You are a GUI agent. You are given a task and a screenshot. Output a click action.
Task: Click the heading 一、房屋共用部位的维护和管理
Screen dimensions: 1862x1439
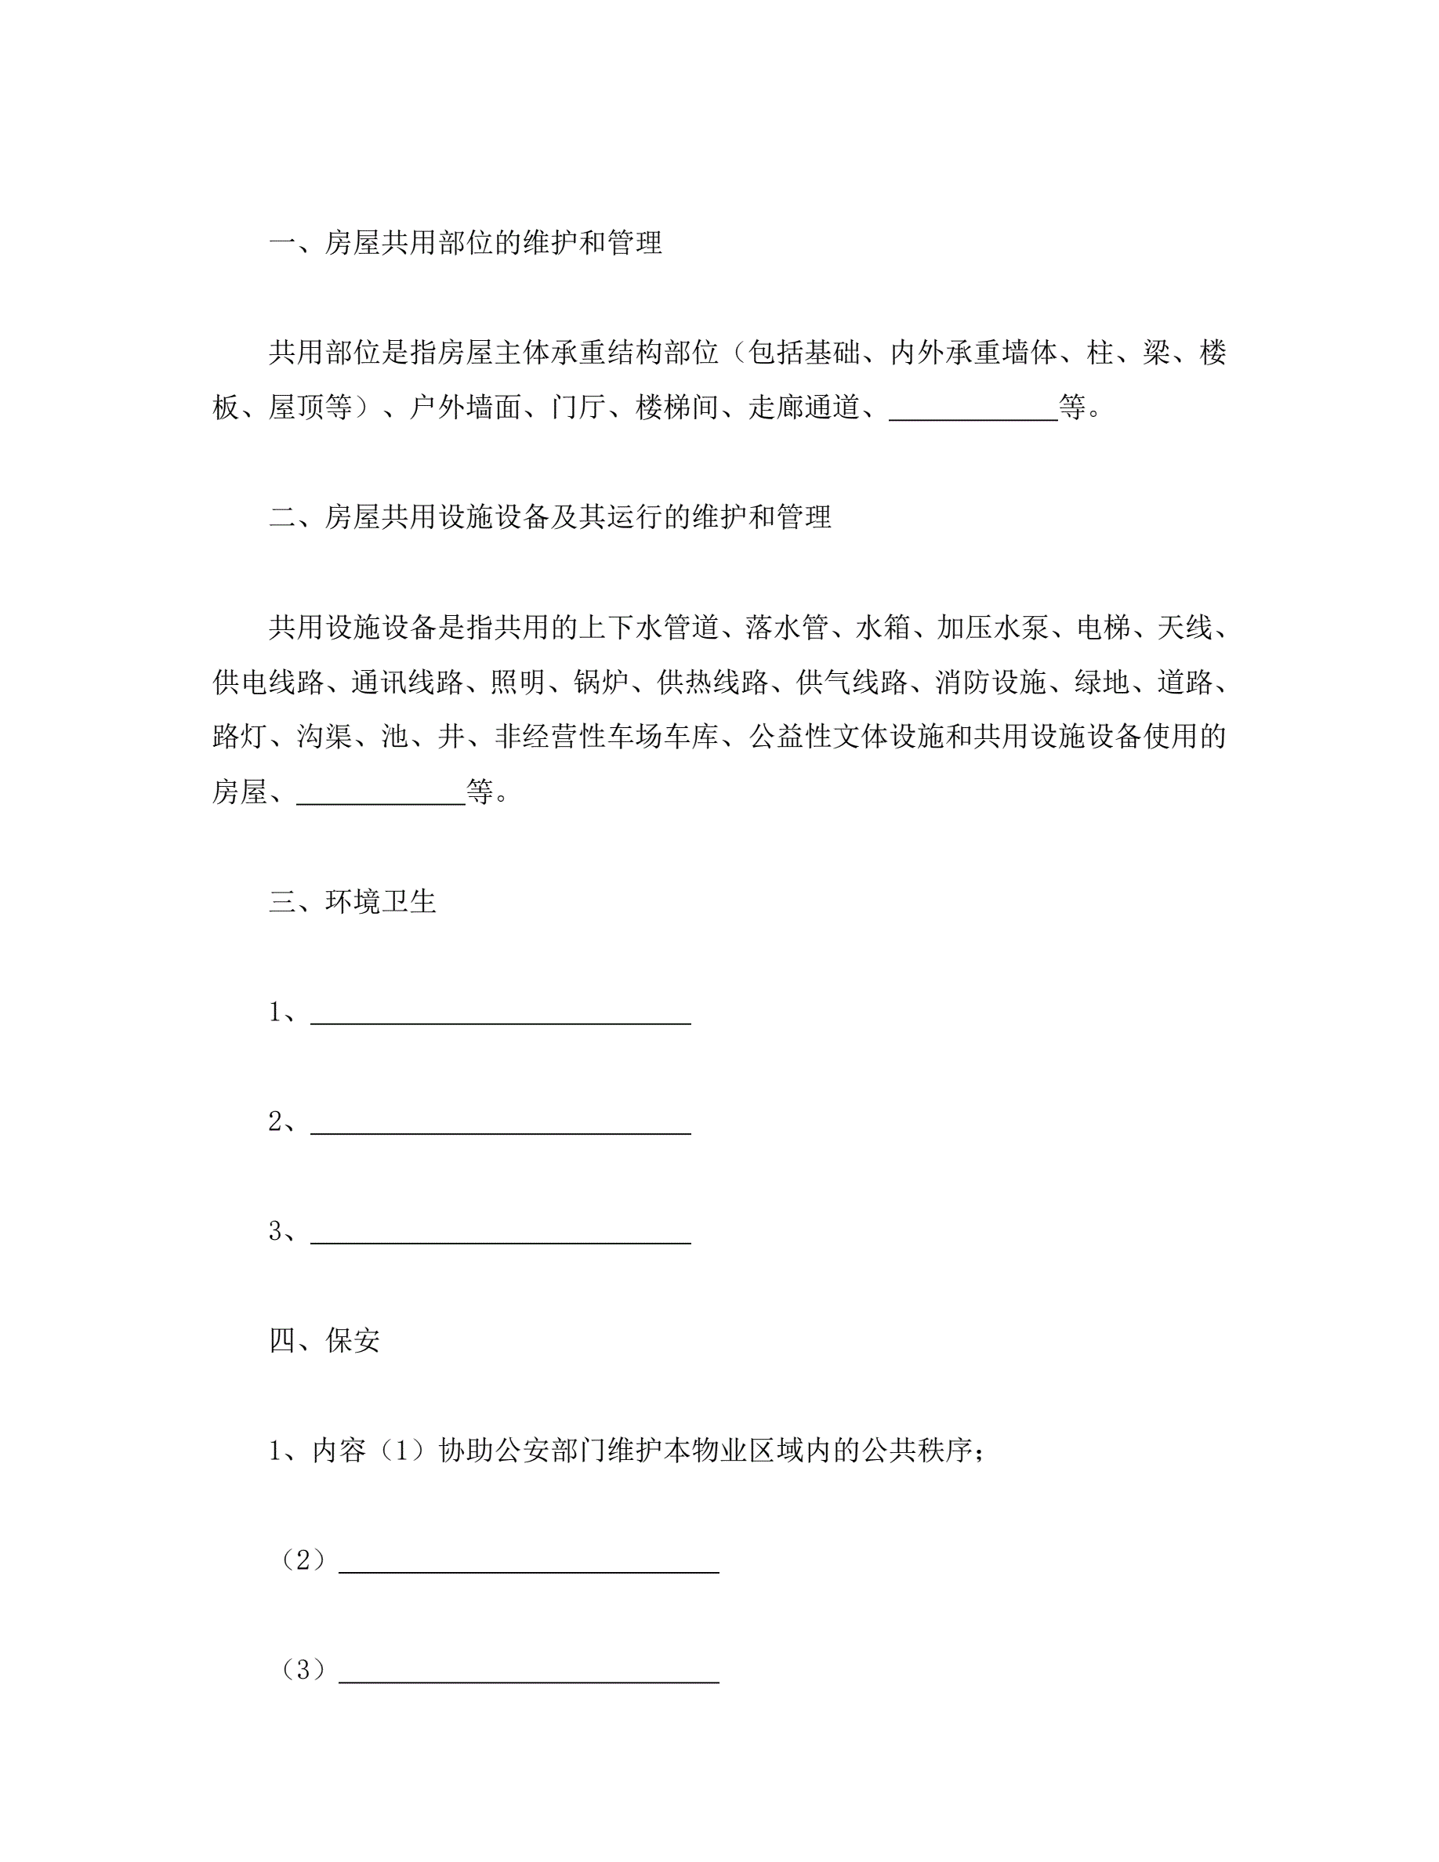pos(466,243)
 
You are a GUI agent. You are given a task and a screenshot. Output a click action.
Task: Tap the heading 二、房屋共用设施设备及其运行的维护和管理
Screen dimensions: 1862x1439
pos(550,516)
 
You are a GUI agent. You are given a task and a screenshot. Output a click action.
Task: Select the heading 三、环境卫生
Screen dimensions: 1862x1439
pos(352,901)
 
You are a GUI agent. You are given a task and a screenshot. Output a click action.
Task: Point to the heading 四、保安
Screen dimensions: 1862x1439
pos(324,1340)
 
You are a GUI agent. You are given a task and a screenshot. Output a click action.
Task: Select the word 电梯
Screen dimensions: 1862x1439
pos(1103,628)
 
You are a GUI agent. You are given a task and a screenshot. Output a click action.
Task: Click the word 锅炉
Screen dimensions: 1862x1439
pos(601,682)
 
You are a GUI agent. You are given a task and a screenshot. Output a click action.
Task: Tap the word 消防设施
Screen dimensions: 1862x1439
pos(991,682)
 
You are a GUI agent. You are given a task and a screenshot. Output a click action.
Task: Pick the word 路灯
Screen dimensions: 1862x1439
pos(240,737)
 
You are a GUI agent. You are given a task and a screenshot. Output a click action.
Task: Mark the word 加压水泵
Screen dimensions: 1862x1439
pos(992,628)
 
